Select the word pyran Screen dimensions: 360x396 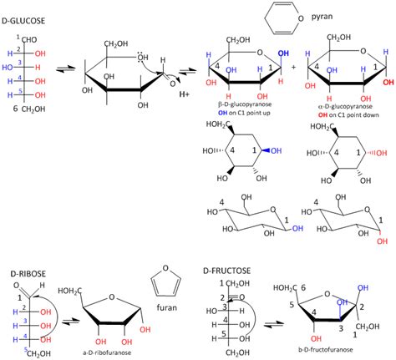pos(323,15)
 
